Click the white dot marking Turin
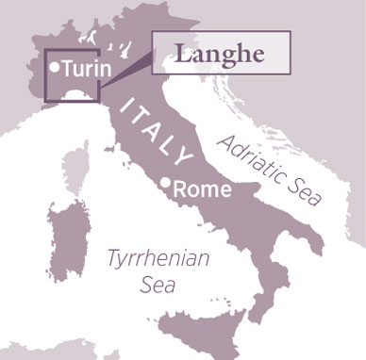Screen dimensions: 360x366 coord(56,67)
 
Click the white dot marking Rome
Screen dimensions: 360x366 coord(166,182)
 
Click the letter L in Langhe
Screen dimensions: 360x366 coord(180,53)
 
